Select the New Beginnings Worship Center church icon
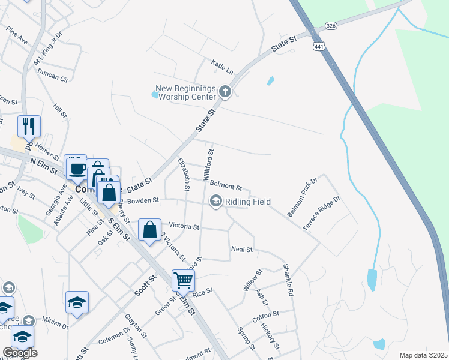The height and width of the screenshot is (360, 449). [x=225, y=92]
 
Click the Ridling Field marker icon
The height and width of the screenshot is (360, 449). [x=215, y=202]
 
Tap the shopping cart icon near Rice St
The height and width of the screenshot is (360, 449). [x=182, y=280]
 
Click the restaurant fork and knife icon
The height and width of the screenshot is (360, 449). [x=29, y=126]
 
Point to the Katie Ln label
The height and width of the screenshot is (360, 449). [x=221, y=63]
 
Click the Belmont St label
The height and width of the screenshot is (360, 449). [x=226, y=188]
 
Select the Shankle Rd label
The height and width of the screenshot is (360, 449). [x=288, y=281]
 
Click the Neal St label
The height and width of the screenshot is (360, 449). [x=242, y=249]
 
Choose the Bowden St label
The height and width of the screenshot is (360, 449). [x=143, y=200]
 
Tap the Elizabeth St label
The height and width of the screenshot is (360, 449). [x=184, y=175]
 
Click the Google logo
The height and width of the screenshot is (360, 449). [x=20, y=353]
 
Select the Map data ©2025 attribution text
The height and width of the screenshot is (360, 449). [x=423, y=355]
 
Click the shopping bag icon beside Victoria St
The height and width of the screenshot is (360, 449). [x=149, y=229]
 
